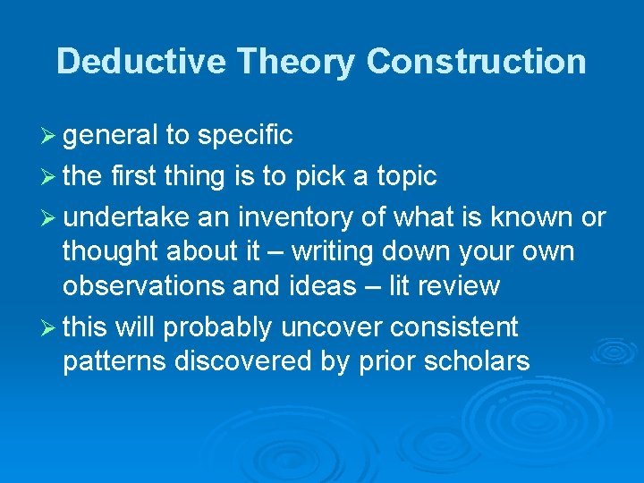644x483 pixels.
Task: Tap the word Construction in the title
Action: click(x=477, y=61)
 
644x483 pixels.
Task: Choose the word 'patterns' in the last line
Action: click(x=114, y=361)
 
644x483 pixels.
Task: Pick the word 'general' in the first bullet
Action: click(x=107, y=135)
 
